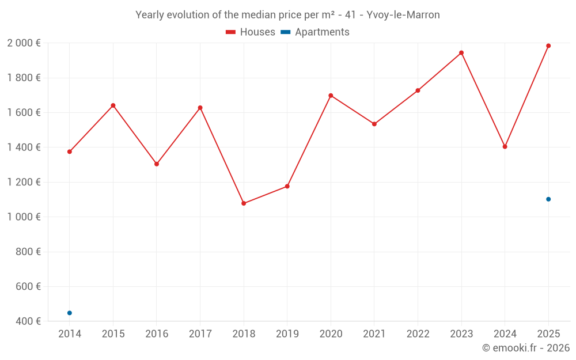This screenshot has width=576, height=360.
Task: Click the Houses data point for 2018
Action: pos(244,203)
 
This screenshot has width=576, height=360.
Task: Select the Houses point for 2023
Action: pos(461,53)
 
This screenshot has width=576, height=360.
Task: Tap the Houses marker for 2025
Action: pos(548,46)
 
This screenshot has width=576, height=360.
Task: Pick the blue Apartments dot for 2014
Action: pos(70,313)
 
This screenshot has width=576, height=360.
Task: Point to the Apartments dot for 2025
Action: pos(548,199)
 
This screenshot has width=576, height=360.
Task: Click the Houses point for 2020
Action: pos(331,96)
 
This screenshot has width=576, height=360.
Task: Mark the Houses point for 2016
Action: pos(157,164)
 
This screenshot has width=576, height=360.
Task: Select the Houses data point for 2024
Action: pos(505,147)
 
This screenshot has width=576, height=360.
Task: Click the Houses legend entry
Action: pos(251,32)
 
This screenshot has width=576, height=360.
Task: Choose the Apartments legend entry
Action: pos(316,32)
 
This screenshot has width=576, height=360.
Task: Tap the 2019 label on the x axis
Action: pos(287,334)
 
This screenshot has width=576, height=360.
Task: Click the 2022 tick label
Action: pos(418,334)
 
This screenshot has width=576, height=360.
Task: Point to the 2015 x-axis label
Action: pos(113,334)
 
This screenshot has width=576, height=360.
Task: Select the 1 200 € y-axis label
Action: pos(24,182)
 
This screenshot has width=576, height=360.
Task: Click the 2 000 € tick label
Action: pos(24,43)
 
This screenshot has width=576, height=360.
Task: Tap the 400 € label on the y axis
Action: pos(29,321)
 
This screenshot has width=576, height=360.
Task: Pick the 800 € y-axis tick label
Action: pos(29,252)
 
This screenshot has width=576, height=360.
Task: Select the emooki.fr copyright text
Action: pos(526,348)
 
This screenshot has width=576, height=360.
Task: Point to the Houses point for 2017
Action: pos(200,108)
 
